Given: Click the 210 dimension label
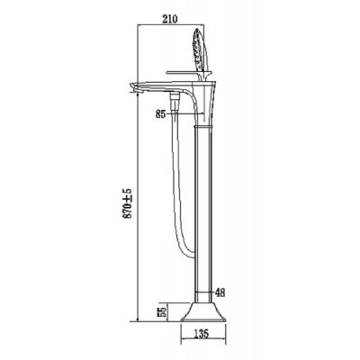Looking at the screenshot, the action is tap(170, 19).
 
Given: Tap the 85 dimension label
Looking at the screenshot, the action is tap(161, 114).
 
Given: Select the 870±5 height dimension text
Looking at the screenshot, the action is tap(128, 203).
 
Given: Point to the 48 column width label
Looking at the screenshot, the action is tap(220, 292).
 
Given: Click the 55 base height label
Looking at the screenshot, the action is tap(162, 312).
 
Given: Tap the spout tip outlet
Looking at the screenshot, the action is tap(132, 87).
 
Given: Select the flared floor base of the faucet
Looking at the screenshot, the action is tap(203, 312).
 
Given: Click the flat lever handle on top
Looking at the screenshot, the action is tap(183, 72).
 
